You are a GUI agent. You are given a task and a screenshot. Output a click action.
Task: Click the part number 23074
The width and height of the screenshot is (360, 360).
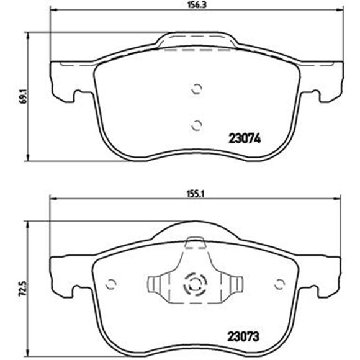(x=245, y=138)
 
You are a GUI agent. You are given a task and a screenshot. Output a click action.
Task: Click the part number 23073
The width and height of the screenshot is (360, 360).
(x=243, y=337)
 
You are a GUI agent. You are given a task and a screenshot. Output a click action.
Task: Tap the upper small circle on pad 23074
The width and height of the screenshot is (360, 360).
(x=197, y=89)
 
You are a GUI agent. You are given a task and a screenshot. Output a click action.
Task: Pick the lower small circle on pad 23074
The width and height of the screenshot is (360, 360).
(x=197, y=125)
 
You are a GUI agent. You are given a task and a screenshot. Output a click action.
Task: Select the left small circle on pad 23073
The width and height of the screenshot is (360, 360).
(x=111, y=284)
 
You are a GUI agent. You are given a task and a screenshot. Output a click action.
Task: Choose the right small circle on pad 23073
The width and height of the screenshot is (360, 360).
(x=280, y=284)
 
